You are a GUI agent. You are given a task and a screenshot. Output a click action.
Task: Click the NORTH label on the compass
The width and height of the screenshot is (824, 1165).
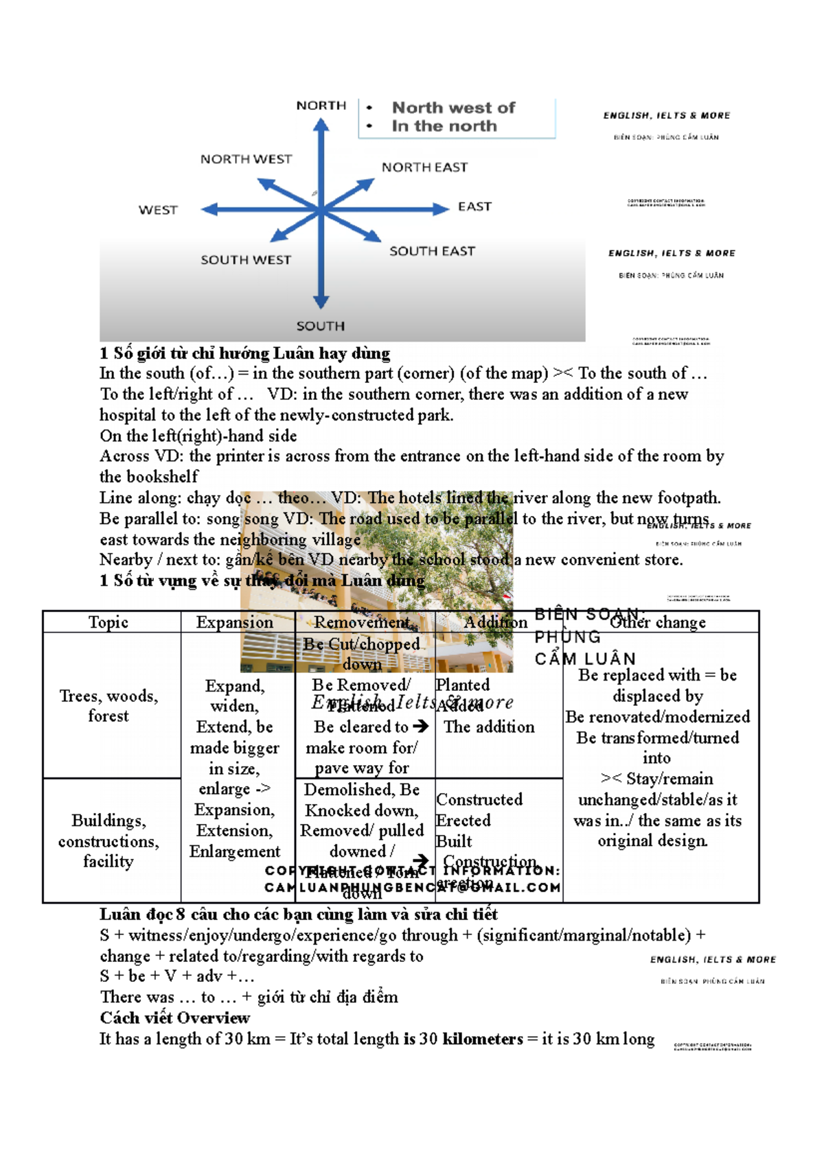[x=321, y=105]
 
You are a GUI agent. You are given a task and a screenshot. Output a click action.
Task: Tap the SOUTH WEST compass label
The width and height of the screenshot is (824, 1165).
[x=245, y=260]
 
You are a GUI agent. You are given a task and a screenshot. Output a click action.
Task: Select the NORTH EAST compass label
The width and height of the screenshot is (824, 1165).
[x=424, y=167]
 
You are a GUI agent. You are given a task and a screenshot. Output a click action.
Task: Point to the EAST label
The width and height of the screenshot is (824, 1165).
[x=474, y=207]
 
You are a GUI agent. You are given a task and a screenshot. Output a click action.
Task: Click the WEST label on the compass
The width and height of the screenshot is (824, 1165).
[x=158, y=210]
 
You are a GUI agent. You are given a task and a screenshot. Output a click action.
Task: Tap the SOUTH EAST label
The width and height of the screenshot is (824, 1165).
[x=432, y=251]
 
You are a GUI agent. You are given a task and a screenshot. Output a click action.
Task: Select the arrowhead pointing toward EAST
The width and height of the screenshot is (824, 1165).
[x=440, y=209]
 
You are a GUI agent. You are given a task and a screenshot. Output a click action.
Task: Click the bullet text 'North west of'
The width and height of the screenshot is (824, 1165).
[x=453, y=108]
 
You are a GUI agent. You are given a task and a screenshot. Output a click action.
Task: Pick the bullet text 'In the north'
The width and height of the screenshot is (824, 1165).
[x=444, y=126]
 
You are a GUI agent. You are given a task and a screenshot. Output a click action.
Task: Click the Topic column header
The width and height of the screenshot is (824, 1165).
[x=108, y=622]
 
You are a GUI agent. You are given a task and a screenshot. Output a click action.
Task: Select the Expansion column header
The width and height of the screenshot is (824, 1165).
[x=234, y=622]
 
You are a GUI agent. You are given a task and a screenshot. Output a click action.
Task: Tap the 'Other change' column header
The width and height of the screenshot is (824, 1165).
[x=658, y=622]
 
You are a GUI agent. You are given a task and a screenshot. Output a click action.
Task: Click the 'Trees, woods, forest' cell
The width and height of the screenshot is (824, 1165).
[x=108, y=705]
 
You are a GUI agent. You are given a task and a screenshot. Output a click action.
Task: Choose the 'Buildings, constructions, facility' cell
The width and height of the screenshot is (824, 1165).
[x=108, y=840]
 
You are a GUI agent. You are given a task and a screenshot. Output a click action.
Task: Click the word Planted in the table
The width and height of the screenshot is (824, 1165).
[x=463, y=685]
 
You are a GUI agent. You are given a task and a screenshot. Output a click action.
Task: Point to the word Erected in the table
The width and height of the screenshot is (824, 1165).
[x=463, y=821]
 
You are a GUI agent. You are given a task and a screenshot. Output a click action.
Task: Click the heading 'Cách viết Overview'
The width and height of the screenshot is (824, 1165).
[x=174, y=1017]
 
